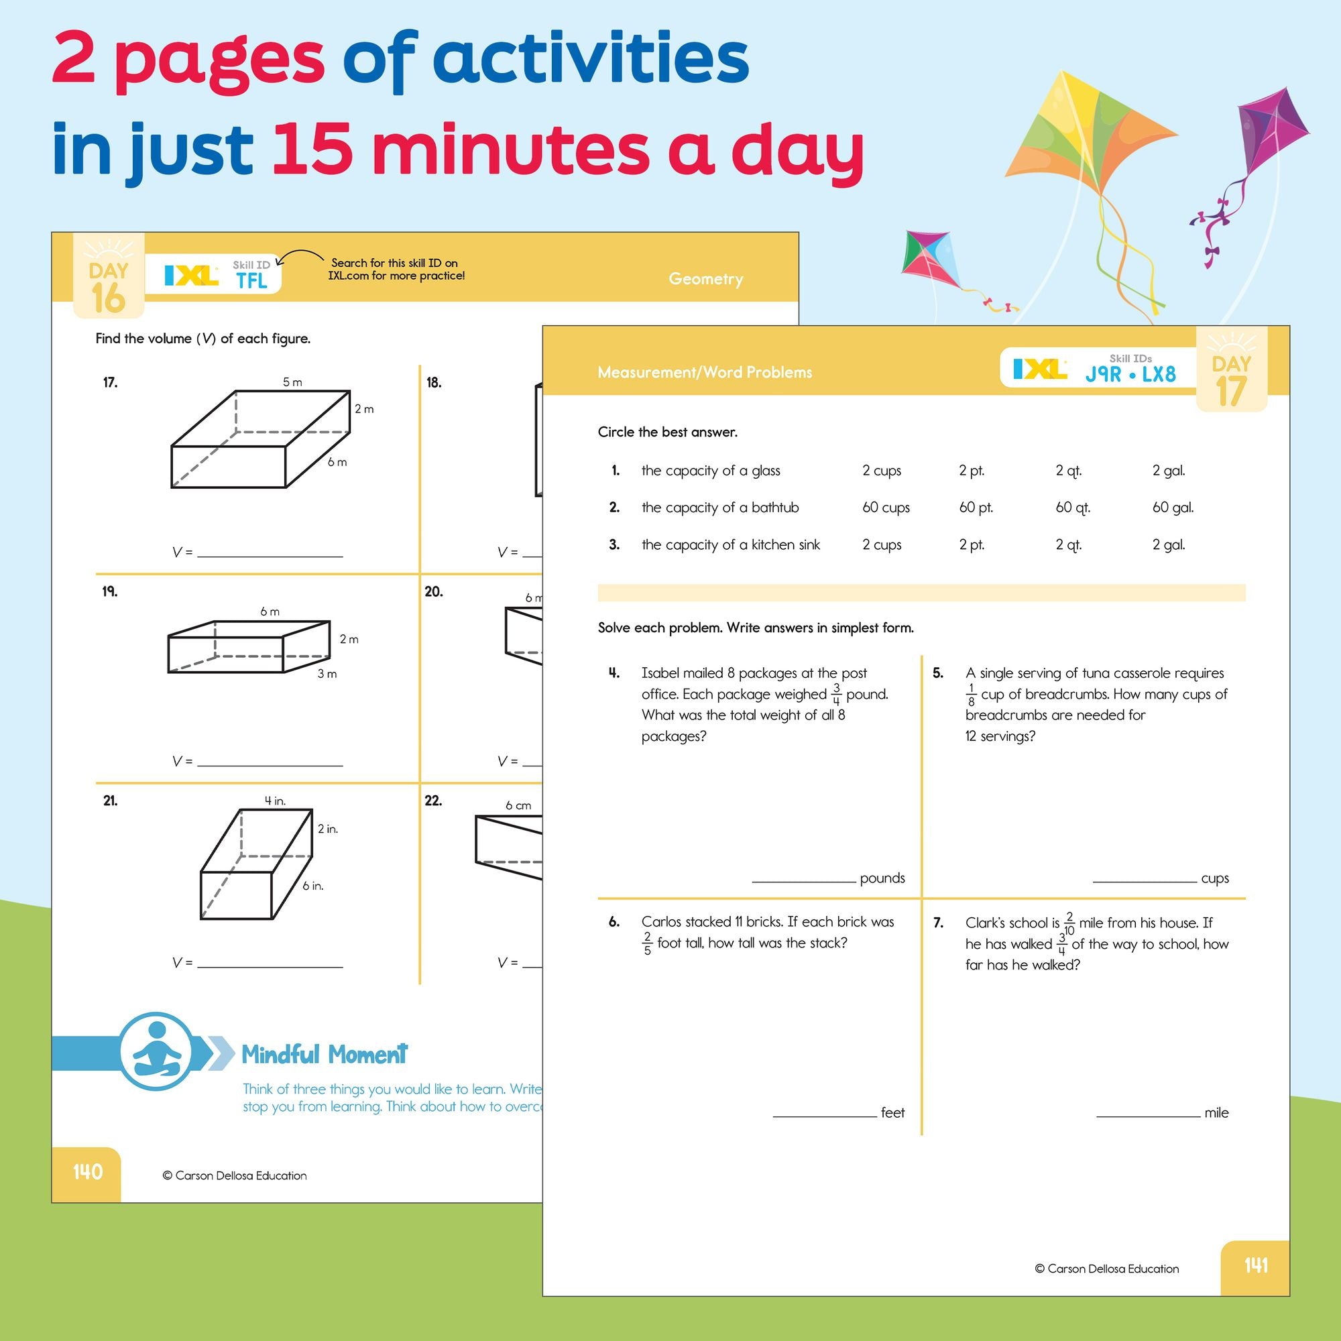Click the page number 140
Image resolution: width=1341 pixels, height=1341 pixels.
[x=87, y=1171]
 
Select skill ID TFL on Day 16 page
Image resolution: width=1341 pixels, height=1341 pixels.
[x=251, y=280]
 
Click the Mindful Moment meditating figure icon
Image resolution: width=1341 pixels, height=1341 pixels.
[x=157, y=1051]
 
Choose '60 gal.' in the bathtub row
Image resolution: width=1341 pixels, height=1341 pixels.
[x=1172, y=508]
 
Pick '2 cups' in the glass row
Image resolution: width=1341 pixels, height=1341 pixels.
[x=882, y=471]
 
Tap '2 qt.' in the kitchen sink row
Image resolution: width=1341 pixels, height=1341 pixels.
[x=1068, y=545]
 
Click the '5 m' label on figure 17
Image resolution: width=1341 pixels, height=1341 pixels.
[x=292, y=382]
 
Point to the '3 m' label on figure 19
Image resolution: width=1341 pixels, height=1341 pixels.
[x=327, y=674]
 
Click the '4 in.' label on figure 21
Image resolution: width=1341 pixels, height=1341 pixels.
[x=275, y=801]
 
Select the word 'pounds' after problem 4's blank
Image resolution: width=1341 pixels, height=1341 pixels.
[x=882, y=878]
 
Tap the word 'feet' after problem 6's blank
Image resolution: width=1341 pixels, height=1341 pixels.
[x=892, y=1112]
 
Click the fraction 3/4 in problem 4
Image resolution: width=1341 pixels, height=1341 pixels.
[x=836, y=694]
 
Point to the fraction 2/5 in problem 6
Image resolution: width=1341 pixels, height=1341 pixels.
[x=647, y=943]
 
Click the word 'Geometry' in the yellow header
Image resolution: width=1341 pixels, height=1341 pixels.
[x=705, y=279]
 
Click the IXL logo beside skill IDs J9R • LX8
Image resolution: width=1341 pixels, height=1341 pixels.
[x=1039, y=369]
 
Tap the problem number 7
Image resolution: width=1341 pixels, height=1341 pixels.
[x=938, y=923]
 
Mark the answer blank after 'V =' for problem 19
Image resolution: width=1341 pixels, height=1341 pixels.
[x=270, y=762]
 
